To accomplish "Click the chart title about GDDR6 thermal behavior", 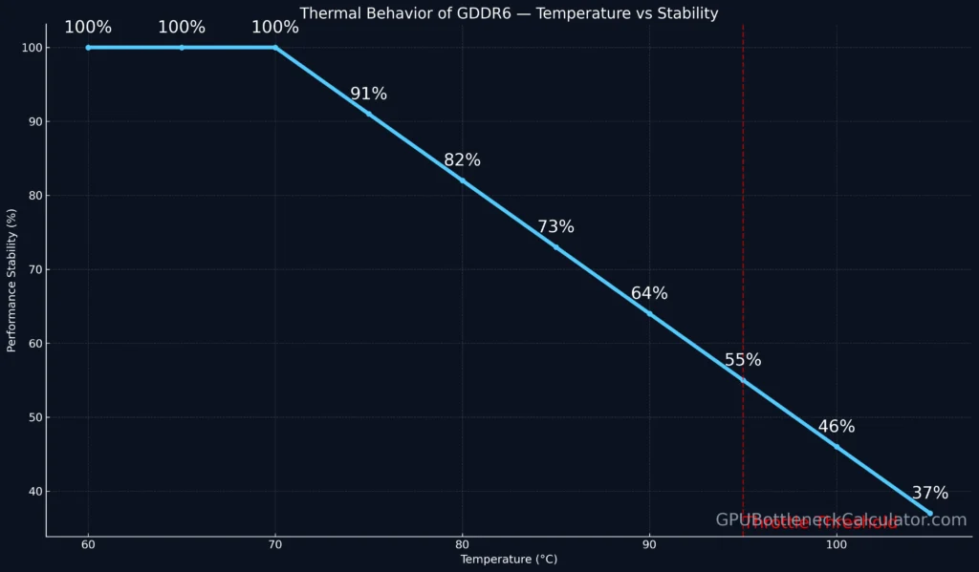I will click(x=509, y=13).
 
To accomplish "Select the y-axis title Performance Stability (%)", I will click(x=12, y=268).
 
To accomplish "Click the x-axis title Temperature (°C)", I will click(x=508, y=559).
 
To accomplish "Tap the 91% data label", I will click(x=368, y=94).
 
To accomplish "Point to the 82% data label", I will click(x=462, y=160).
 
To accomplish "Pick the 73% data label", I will click(x=555, y=227).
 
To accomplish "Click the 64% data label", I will click(x=649, y=293).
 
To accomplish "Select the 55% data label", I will click(x=743, y=360).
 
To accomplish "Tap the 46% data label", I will click(x=836, y=427).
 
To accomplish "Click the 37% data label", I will click(x=929, y=494).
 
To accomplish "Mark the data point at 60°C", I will click(x=88, y=48).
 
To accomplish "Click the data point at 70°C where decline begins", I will click(x=275, y=48).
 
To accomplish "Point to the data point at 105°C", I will click(x=929, y=513).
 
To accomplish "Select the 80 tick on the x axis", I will click(x=462, y=544).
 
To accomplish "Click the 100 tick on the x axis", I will click(x=836, y=544).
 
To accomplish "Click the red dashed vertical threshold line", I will click(x=743, y=239).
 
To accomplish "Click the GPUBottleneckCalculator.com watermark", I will click(x=841, y=520).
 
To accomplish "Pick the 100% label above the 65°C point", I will click(x=182, y=28).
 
